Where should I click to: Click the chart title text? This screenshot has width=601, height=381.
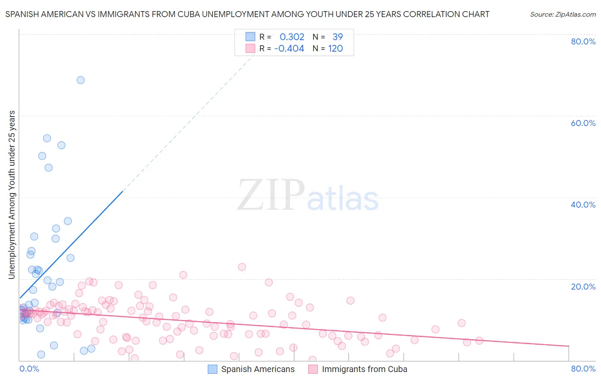pos(247,14)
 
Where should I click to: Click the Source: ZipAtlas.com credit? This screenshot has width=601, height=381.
pos(563,14)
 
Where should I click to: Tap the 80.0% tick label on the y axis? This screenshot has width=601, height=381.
pos(583,41)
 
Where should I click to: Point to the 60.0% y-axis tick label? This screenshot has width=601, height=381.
pos(583,123)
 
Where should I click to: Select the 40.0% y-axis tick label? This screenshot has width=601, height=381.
pos(583,205)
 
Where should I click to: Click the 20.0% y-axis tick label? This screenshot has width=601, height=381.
pos(583,286)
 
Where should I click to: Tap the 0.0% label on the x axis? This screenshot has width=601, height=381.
pos(29,369)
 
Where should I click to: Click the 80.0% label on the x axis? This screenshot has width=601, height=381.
pos(583,369)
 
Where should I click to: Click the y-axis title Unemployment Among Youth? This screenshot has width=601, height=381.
pos(12,195)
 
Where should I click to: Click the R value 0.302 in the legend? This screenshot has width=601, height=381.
pos(292,37)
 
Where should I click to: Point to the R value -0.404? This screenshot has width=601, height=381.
pos(289,48)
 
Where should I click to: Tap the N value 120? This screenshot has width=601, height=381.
pos(336,48)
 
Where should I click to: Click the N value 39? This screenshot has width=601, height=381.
pos(338,37)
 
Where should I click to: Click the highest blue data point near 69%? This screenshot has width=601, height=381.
pos(80,80)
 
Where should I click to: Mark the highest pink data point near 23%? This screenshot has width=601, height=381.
pos(242,267)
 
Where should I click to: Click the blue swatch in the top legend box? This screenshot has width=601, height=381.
pos(250,37)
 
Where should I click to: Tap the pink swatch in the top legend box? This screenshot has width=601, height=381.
pos(250,48)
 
